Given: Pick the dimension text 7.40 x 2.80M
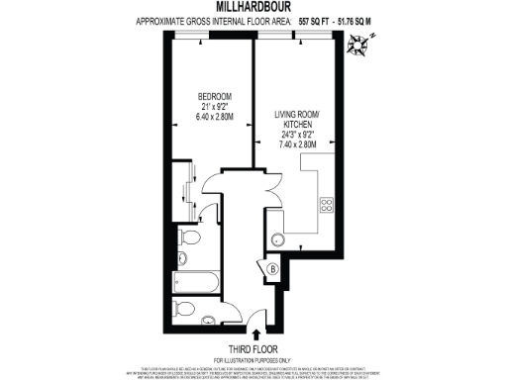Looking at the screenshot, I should pyautogui.click(x=296, y=143).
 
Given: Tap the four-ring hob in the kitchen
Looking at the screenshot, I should pyautogui.click(x=325, y=206).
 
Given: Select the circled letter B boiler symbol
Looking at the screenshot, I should pyautogui.click(x=273, y=267).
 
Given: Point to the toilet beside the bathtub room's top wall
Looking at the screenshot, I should pyautogui.click(x=191, y=238).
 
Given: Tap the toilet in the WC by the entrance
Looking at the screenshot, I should pyautogui.click(x=184, y=310).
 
